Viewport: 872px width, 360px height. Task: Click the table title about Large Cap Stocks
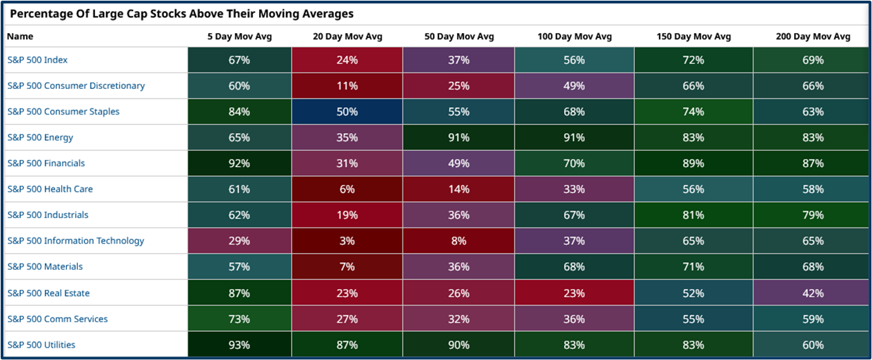(x=181, y=13)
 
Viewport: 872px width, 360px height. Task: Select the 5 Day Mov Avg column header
(x=239, y=37)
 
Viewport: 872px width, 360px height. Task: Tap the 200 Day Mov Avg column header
(x=813, y=37)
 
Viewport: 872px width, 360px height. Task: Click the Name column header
(x=20, y=37)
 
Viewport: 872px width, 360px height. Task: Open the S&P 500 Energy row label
(x=40, y=137)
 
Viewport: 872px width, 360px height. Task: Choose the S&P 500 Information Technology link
(x=76, y=241)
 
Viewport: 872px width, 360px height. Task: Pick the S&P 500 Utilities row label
(x=41, y=345)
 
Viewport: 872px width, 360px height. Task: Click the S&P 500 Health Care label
(x=50, y=189)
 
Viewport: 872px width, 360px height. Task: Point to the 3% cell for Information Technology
(x=347, y=241)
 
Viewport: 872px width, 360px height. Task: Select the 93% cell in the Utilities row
(x=239, y=345)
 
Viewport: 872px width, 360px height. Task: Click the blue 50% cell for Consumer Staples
(x=347, y=112)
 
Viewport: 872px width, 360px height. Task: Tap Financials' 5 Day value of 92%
(x=239, y=163)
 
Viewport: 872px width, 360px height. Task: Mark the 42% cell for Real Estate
(x=813, y=293)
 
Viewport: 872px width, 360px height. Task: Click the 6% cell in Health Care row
(x=347, y=190)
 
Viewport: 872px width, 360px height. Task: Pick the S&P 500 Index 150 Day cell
(x=693, y=60)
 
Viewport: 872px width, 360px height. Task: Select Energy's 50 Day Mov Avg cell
(x=458, y=137)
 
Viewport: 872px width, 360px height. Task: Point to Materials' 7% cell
(x=347, y=267)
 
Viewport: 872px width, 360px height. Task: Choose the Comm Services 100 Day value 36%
(x=574, y=319)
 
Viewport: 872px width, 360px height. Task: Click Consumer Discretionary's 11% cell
(x=347, y=86)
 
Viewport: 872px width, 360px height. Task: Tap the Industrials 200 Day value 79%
(x=813, y=215)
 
